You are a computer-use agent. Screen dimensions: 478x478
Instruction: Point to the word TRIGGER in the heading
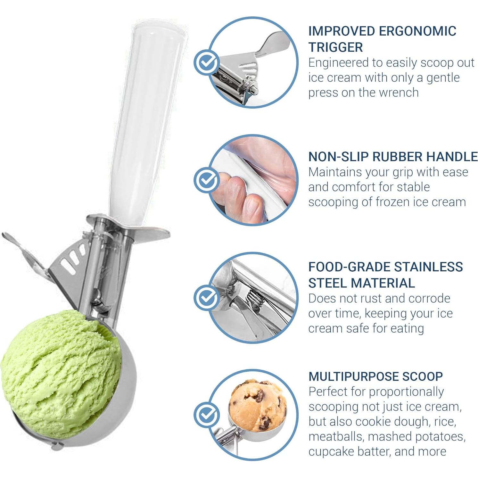pos(335,47)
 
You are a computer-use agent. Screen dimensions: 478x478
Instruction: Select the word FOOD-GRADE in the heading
pos(349,267)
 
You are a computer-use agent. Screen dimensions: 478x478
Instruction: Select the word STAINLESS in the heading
pos(428,267)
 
